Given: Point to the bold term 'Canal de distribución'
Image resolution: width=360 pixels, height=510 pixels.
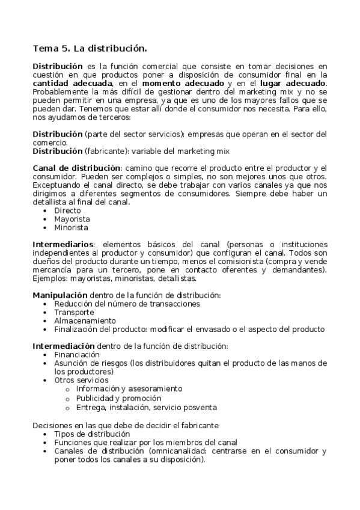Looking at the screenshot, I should click(76, 167).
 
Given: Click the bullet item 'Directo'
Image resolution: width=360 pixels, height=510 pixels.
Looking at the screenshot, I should click(67, 210).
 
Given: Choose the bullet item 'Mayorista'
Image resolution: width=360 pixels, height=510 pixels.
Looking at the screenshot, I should click(72, 219).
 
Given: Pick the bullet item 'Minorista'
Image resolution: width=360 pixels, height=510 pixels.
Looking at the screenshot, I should click(72, 227).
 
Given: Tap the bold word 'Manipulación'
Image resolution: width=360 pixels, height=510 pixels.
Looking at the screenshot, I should click(59, 295).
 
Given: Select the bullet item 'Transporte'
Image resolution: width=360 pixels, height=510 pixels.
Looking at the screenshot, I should click(74, 312).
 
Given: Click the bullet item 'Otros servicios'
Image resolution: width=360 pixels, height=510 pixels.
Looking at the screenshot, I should click(82, 380).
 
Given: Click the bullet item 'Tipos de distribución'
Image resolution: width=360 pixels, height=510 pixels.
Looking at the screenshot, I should click(92, 433).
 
